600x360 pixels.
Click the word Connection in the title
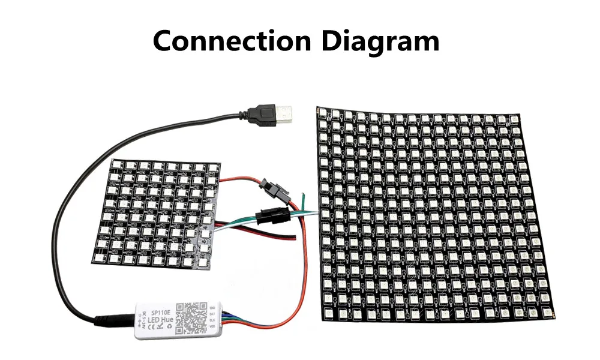coord(230,41)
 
